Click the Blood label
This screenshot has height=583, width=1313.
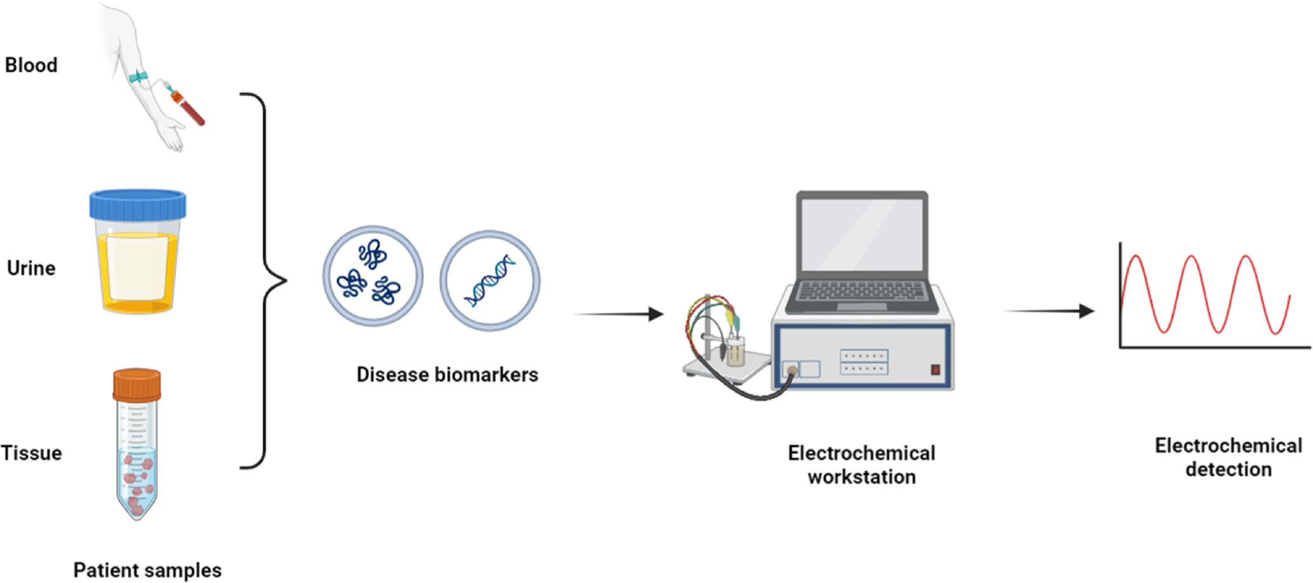click(31, 65)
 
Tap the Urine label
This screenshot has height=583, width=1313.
click(31, 268)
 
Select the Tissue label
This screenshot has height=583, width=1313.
click(32, 453)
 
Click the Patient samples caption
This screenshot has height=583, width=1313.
click(148, 570)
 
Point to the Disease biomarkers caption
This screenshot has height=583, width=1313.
click(447, 374)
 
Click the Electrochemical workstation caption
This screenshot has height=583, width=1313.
click(861, 465)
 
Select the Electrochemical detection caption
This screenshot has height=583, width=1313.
click(1228, 457)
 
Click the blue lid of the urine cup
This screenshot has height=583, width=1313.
click(137, 204)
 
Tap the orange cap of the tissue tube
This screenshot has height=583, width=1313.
click(137, 384)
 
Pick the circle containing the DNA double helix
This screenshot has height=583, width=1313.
click(490, 280)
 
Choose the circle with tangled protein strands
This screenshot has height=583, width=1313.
click(373, 276)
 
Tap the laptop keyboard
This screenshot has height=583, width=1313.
click(862, 291)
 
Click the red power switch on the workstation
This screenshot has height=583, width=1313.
click(935, 369)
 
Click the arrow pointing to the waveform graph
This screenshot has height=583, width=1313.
click(1049, 311)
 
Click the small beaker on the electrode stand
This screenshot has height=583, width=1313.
click(736, 352)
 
